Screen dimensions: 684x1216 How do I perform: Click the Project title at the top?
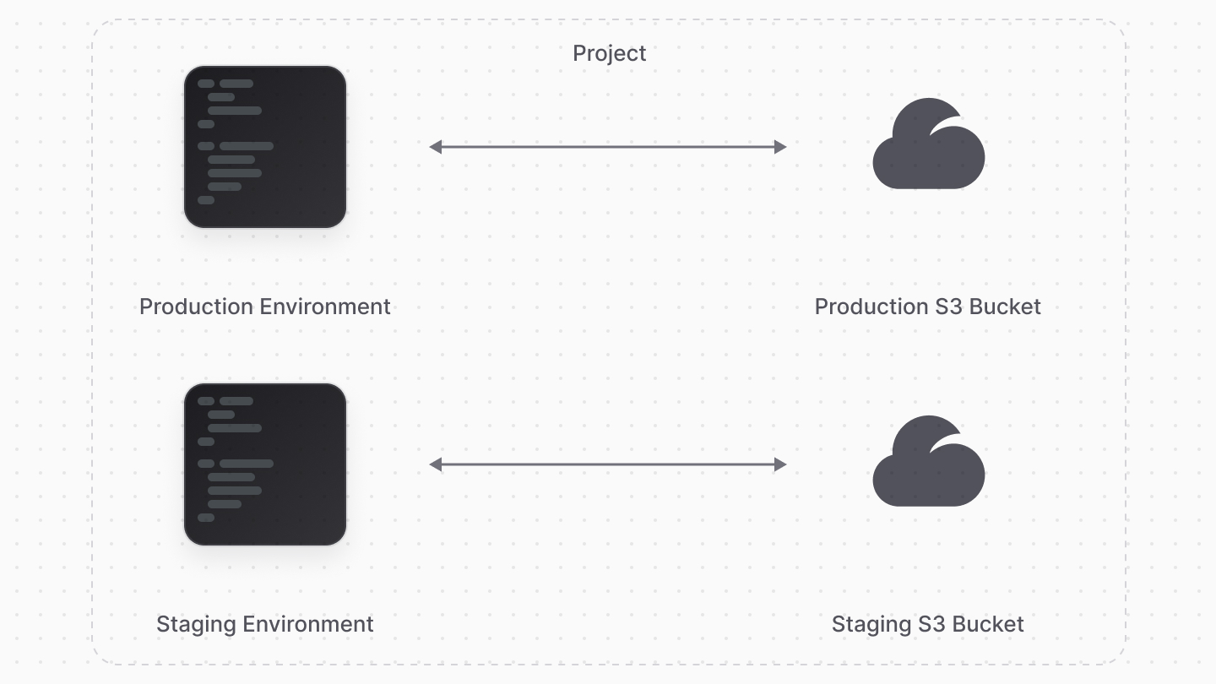coord(609,53)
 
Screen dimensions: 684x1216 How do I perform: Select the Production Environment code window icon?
coord(265,147)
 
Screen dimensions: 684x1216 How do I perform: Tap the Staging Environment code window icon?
coord(265,464)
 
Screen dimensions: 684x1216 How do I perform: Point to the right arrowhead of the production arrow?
coord(780,147)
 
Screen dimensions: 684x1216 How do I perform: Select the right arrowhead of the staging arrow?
coord(780,464)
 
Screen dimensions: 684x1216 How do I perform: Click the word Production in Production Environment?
coord(196,307)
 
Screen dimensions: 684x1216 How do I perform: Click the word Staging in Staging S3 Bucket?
coord(871,624)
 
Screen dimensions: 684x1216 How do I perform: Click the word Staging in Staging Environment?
coord(196,624)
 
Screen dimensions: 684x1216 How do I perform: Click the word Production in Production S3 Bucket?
coord(871,307)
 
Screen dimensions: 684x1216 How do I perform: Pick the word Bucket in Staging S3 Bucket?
coord(988,624)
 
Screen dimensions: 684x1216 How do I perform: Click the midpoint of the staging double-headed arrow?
coord(608,464)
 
